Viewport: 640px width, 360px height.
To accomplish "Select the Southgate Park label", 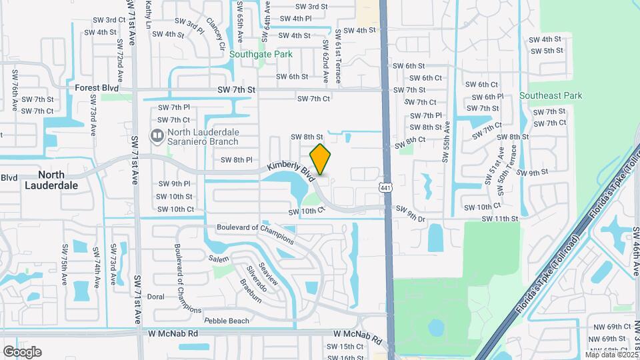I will pos(261,54).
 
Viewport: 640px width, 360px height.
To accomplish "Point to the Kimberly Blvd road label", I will pos(290,171).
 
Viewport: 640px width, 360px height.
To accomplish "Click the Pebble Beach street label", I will pos(226,321).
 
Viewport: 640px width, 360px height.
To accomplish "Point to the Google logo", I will pos(22,351).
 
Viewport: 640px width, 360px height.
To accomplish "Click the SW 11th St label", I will pos(500,219).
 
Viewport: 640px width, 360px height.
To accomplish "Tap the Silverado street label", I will pos(257,281).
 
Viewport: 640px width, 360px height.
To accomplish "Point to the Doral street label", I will pos(155,297).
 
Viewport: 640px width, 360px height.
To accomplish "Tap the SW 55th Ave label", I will pos(445,142).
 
